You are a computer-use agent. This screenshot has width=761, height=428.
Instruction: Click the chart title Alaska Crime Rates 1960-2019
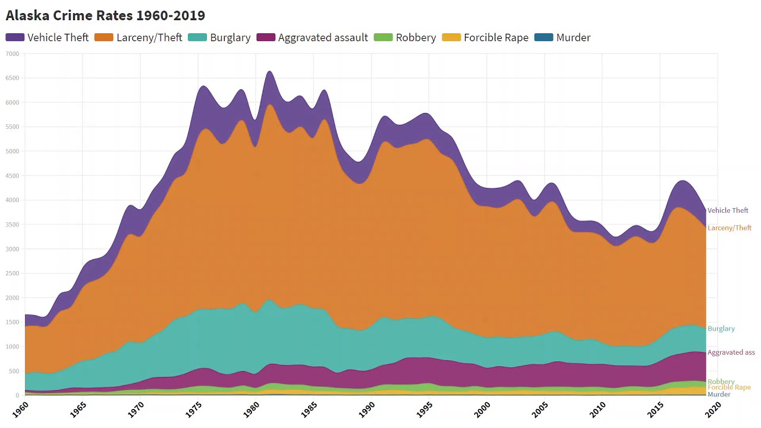pyautogui.click(x=105, y=15)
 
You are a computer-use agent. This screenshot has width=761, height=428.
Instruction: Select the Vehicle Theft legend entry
pyautogui.click(x=47, y=37)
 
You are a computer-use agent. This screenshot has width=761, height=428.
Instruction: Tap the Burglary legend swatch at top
pyautogui.click(x=197, y=37)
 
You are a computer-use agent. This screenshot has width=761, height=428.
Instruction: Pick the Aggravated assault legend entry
pyautogui.click(x=312, y=37)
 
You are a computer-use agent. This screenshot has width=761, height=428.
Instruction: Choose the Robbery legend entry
pyautogui.click(x=405, y=37)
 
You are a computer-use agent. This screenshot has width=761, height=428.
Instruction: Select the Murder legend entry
pyautogui.click(x=562, y=37)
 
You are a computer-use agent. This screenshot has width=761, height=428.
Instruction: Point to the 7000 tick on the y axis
pyautogui.click(x=12, y=54)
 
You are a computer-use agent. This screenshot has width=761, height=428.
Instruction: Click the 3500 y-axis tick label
pyautogui.click(x=12, y=225)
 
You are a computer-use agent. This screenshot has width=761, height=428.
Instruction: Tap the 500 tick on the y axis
pyautogui.click(x=13, y=371)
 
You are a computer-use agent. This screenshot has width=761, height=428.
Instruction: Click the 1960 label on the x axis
pyautogui.click(x=21, y=409)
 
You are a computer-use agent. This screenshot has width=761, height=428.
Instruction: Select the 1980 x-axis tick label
pyautogui.click(x=251, y=409)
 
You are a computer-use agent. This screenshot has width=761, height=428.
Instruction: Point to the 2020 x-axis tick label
pyautogui.click(x=713, y=409)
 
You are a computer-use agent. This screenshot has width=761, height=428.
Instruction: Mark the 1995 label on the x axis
pyautogui.click(x=424, y=409)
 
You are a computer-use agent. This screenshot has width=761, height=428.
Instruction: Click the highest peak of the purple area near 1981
pyautogui.click(x=269, y=72)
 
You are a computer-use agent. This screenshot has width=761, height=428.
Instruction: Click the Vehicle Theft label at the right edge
pyautogui.click(x=728, y=210)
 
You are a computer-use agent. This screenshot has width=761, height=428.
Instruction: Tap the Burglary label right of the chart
pyautogui.click(x=721, y=329)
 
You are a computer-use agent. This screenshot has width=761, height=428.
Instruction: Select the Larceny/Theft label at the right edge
pyautogui.click(x=729, y=228)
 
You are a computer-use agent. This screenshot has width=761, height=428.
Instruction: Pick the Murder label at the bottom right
pyautogui.click(x=719, y=395)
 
